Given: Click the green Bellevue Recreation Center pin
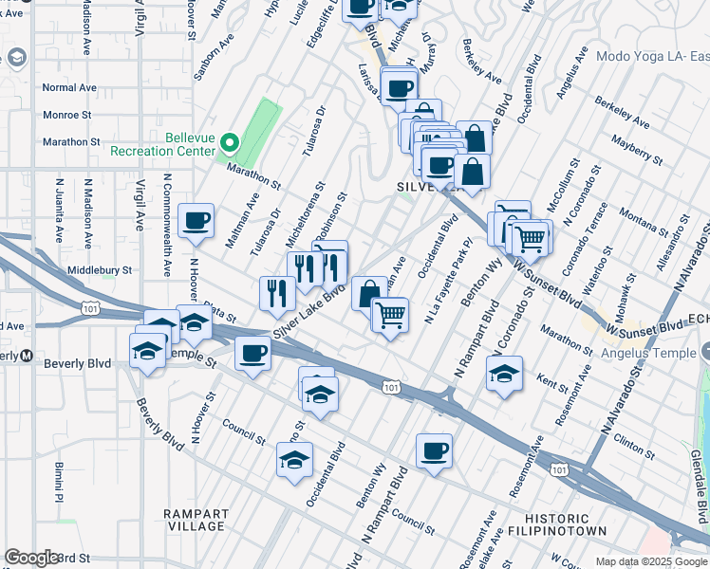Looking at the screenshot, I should (x=229, y=144).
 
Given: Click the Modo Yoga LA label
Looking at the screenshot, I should (x=652, y=56).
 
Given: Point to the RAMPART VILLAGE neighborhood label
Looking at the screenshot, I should (x=193, y=519).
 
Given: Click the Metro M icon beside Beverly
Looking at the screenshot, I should (x=28, y=356).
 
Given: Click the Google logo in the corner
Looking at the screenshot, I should (x=31, y=558).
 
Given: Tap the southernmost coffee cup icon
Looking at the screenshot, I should (x=434, y=450).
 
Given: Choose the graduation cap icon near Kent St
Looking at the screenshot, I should (x=505, y=372).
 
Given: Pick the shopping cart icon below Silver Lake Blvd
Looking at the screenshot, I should (x=390, y=314).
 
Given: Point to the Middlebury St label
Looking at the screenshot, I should (x=99, y=270).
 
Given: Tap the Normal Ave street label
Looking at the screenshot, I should (x=69, y=87).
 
